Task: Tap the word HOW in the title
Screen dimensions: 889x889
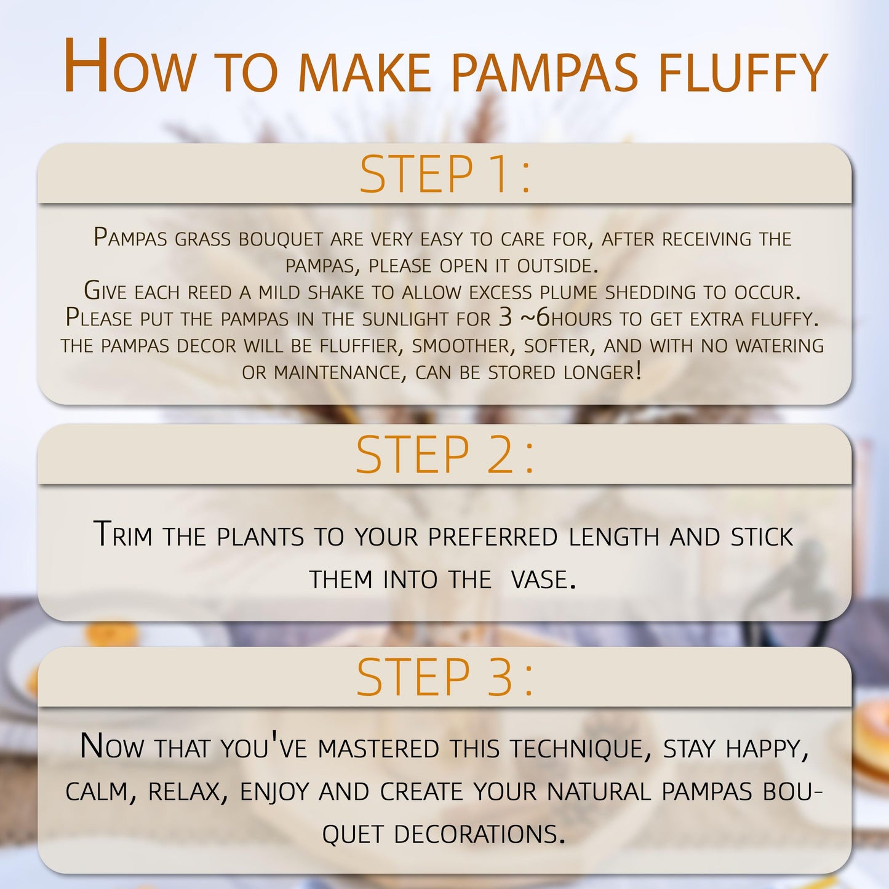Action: tap(129, 67)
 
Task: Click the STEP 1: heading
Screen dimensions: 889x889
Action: tap(445, 174)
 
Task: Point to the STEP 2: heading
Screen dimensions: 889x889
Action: tap(445, 455)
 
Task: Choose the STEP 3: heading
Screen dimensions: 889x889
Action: tap(445, 677)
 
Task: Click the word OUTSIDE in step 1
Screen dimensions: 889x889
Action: tap(557, 266)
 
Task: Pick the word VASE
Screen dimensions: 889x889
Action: tap(543, 580)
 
